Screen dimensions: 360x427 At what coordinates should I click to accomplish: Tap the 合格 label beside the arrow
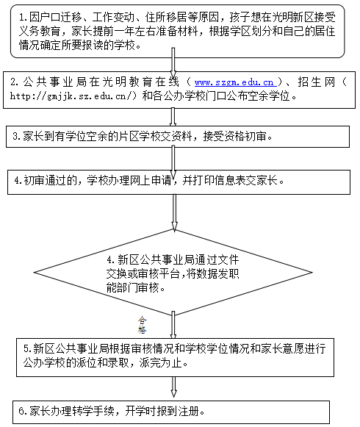pos(142,325)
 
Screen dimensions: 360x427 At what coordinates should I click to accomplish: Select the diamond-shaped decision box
pos(173,273)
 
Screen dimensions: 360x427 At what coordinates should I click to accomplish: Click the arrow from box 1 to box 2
pos(173,63)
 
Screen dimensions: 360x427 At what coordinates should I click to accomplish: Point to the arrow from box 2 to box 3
pos(173,117)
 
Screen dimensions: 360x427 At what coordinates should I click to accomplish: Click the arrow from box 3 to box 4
pos(173,162)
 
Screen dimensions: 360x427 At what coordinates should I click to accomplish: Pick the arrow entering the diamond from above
pos(174,212)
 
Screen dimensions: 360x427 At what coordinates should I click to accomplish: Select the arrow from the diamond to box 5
pos(173,325)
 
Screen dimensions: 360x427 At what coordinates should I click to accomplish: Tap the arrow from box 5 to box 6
pos(173,387)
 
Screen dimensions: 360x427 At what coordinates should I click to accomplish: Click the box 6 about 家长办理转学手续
pos(171,412)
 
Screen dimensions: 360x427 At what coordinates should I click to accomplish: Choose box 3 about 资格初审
pos(178,137)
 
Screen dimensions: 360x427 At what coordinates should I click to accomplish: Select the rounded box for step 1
pos(178,31)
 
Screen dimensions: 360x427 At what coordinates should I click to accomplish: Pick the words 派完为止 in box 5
pos(161,363)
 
